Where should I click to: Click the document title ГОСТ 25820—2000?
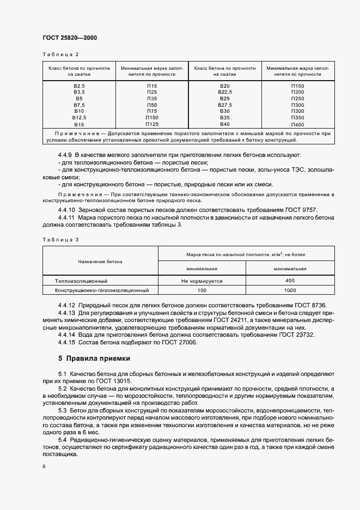pyautogui.click(x=69, y=38)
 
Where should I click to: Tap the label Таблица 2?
pyautogui.click(x=60, y=54)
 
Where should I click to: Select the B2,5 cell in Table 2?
pyautogui.click(x=80, y=86)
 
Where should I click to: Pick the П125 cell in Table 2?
pyautogui.click(x=152, y=124)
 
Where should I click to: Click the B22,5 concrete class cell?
pyautogui.click(x=225, y=93)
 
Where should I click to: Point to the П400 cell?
pyautogui.click(x=297, y=124)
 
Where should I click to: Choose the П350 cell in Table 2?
pyautogui.click(x=297, y=117)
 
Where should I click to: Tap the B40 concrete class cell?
pyautogui.click(x=225, y=124)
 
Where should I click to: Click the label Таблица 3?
pyautogui.click(x=60, y=239)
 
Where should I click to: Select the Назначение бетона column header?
pyautogui.click(x=100, y=262)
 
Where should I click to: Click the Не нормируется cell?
pyautogui.click(x=202, y=281)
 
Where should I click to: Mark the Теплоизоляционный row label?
pyautogui.click(x=81, y=281)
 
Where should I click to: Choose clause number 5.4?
pyautogui.click(x=62, y=439)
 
